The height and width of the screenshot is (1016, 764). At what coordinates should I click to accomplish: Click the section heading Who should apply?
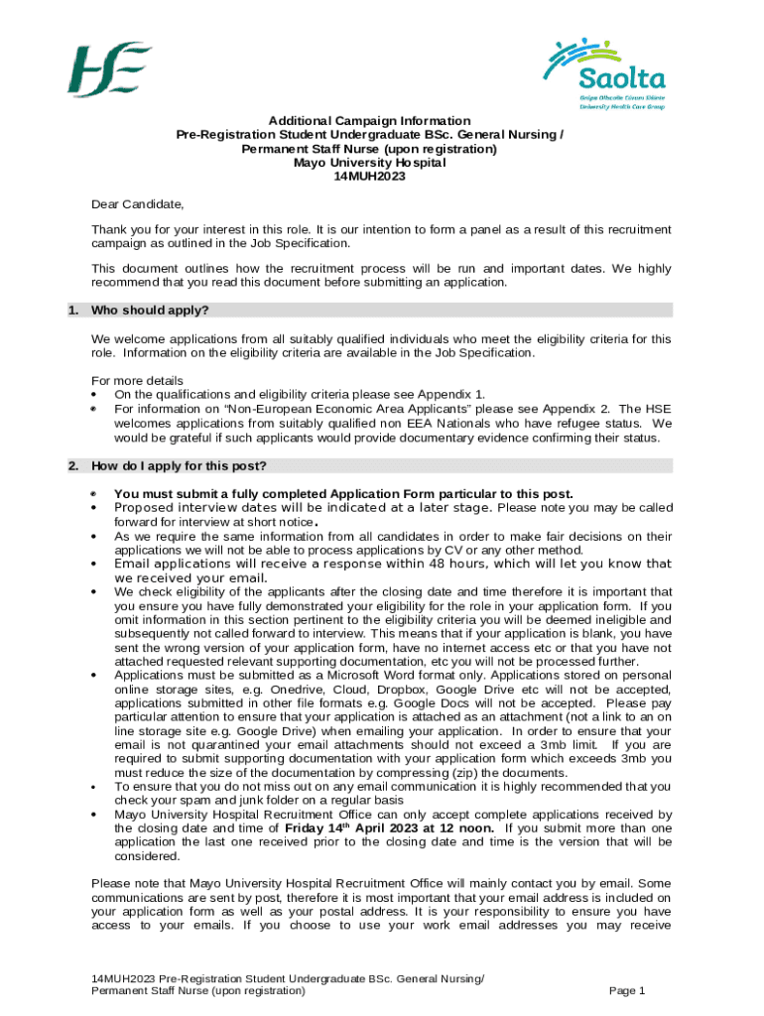pyautogui.click(x=150, y=311)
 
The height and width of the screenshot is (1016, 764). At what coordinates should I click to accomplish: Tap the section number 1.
pyautogui.click(x=72, y=311)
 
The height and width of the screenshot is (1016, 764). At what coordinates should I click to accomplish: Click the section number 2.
pyautogui.click(x=72, y=466)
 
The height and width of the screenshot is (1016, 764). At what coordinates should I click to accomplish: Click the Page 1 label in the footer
pyautogui.click(x=627, y=990)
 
